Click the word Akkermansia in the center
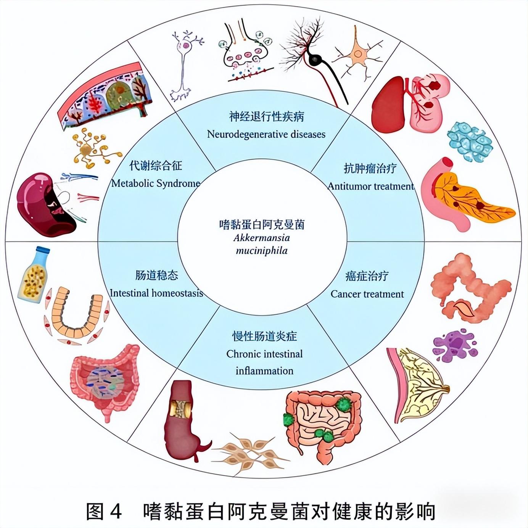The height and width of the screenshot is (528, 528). [x=262, y=238]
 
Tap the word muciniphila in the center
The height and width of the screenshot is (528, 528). [x=262, y=251]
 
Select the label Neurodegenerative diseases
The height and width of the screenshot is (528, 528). [x=266, y=134]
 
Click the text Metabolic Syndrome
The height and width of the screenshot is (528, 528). [x=156, y=184]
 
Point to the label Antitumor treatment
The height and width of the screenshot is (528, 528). [x=370, y=187]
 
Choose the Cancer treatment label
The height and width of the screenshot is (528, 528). [x=367, y=294]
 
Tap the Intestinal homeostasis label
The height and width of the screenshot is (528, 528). [x=156, y=293]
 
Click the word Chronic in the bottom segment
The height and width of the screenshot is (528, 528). [x=242, y=354]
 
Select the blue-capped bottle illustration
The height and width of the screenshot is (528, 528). [x=34, y=274]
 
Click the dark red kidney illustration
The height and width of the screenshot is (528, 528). [x=44, y=204]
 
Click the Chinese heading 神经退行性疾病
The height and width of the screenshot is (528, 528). [x=266, y=117]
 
